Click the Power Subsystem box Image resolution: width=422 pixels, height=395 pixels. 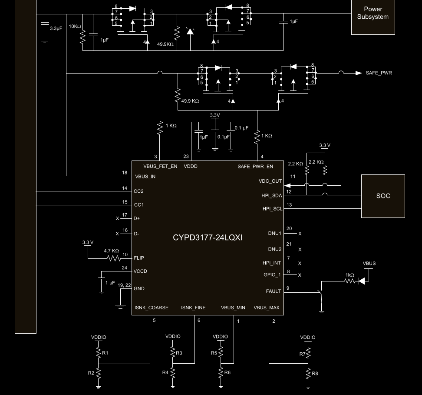[373, 13]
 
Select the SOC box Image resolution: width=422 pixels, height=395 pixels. [382, 196]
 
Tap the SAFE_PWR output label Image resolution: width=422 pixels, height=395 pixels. [379, 73]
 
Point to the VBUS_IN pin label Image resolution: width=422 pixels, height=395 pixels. [145, 177]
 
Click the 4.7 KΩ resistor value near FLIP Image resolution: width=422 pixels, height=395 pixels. [111, 251]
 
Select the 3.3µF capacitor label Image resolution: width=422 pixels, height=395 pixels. [56, 28]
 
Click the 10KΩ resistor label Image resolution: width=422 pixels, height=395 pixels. [75, 26]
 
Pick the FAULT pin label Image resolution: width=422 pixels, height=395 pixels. [274, 291]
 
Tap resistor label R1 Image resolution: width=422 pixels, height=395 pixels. [104, 353]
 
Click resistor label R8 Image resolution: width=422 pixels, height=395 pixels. [315, 373]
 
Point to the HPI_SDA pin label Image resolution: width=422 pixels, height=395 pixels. [272, 196]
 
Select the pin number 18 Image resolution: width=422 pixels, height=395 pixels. [125, 173]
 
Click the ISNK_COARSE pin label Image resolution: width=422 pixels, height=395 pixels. [152, 308]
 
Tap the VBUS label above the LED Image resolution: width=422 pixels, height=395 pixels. [369, 264]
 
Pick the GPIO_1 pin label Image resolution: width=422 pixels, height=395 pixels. [273, 275]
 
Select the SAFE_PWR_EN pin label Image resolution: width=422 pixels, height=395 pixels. [255, 166]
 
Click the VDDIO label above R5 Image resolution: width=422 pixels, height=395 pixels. [220, 337]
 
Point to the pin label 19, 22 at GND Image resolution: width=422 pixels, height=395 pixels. [125, 285]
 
